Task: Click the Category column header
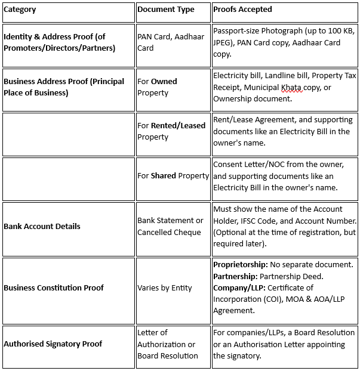coord(20,10)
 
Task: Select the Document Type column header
coord(165,10)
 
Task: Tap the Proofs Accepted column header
coord(242,10)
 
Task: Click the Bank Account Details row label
coord(41,227)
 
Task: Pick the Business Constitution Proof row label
coord(54,287)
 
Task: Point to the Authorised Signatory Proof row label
coord(53,344)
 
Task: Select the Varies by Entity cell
coord(165,287)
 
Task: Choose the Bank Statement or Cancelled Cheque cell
coord(170,227)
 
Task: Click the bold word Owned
coord(164,82)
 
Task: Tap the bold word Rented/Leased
coord(178,126)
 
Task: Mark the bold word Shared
coord(164,176)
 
